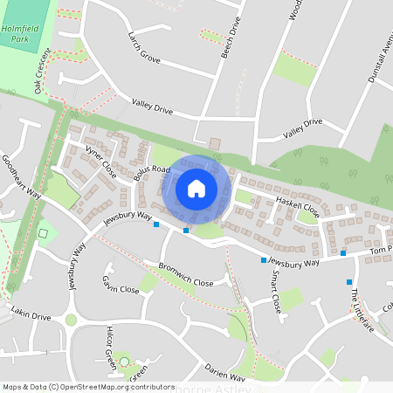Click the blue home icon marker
coord(196,188)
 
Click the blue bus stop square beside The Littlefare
coord(349,281)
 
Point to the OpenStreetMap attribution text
coord(88,386)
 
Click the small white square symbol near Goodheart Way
coord(43,233)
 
